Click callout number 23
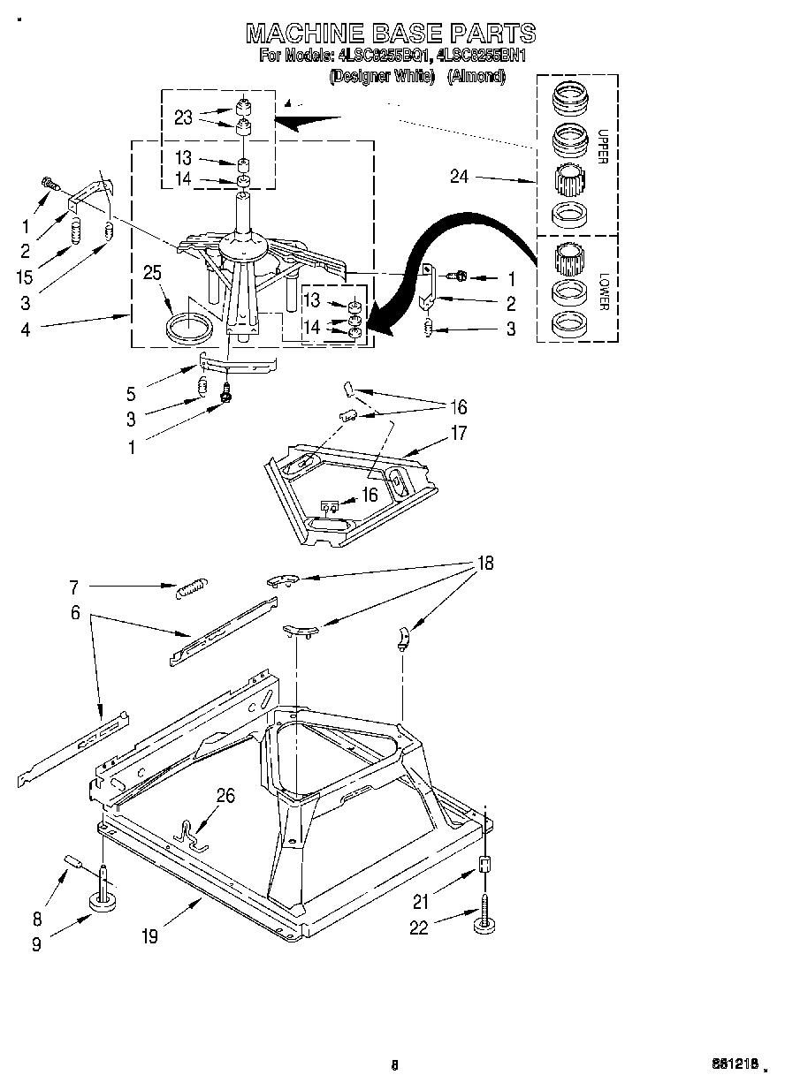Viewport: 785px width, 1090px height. point(183,117)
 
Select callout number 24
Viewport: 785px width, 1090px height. point(459,177)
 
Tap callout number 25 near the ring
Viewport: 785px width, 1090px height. point(152,274)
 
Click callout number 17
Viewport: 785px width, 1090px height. point(459,434)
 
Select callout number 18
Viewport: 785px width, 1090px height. point(485,563)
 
